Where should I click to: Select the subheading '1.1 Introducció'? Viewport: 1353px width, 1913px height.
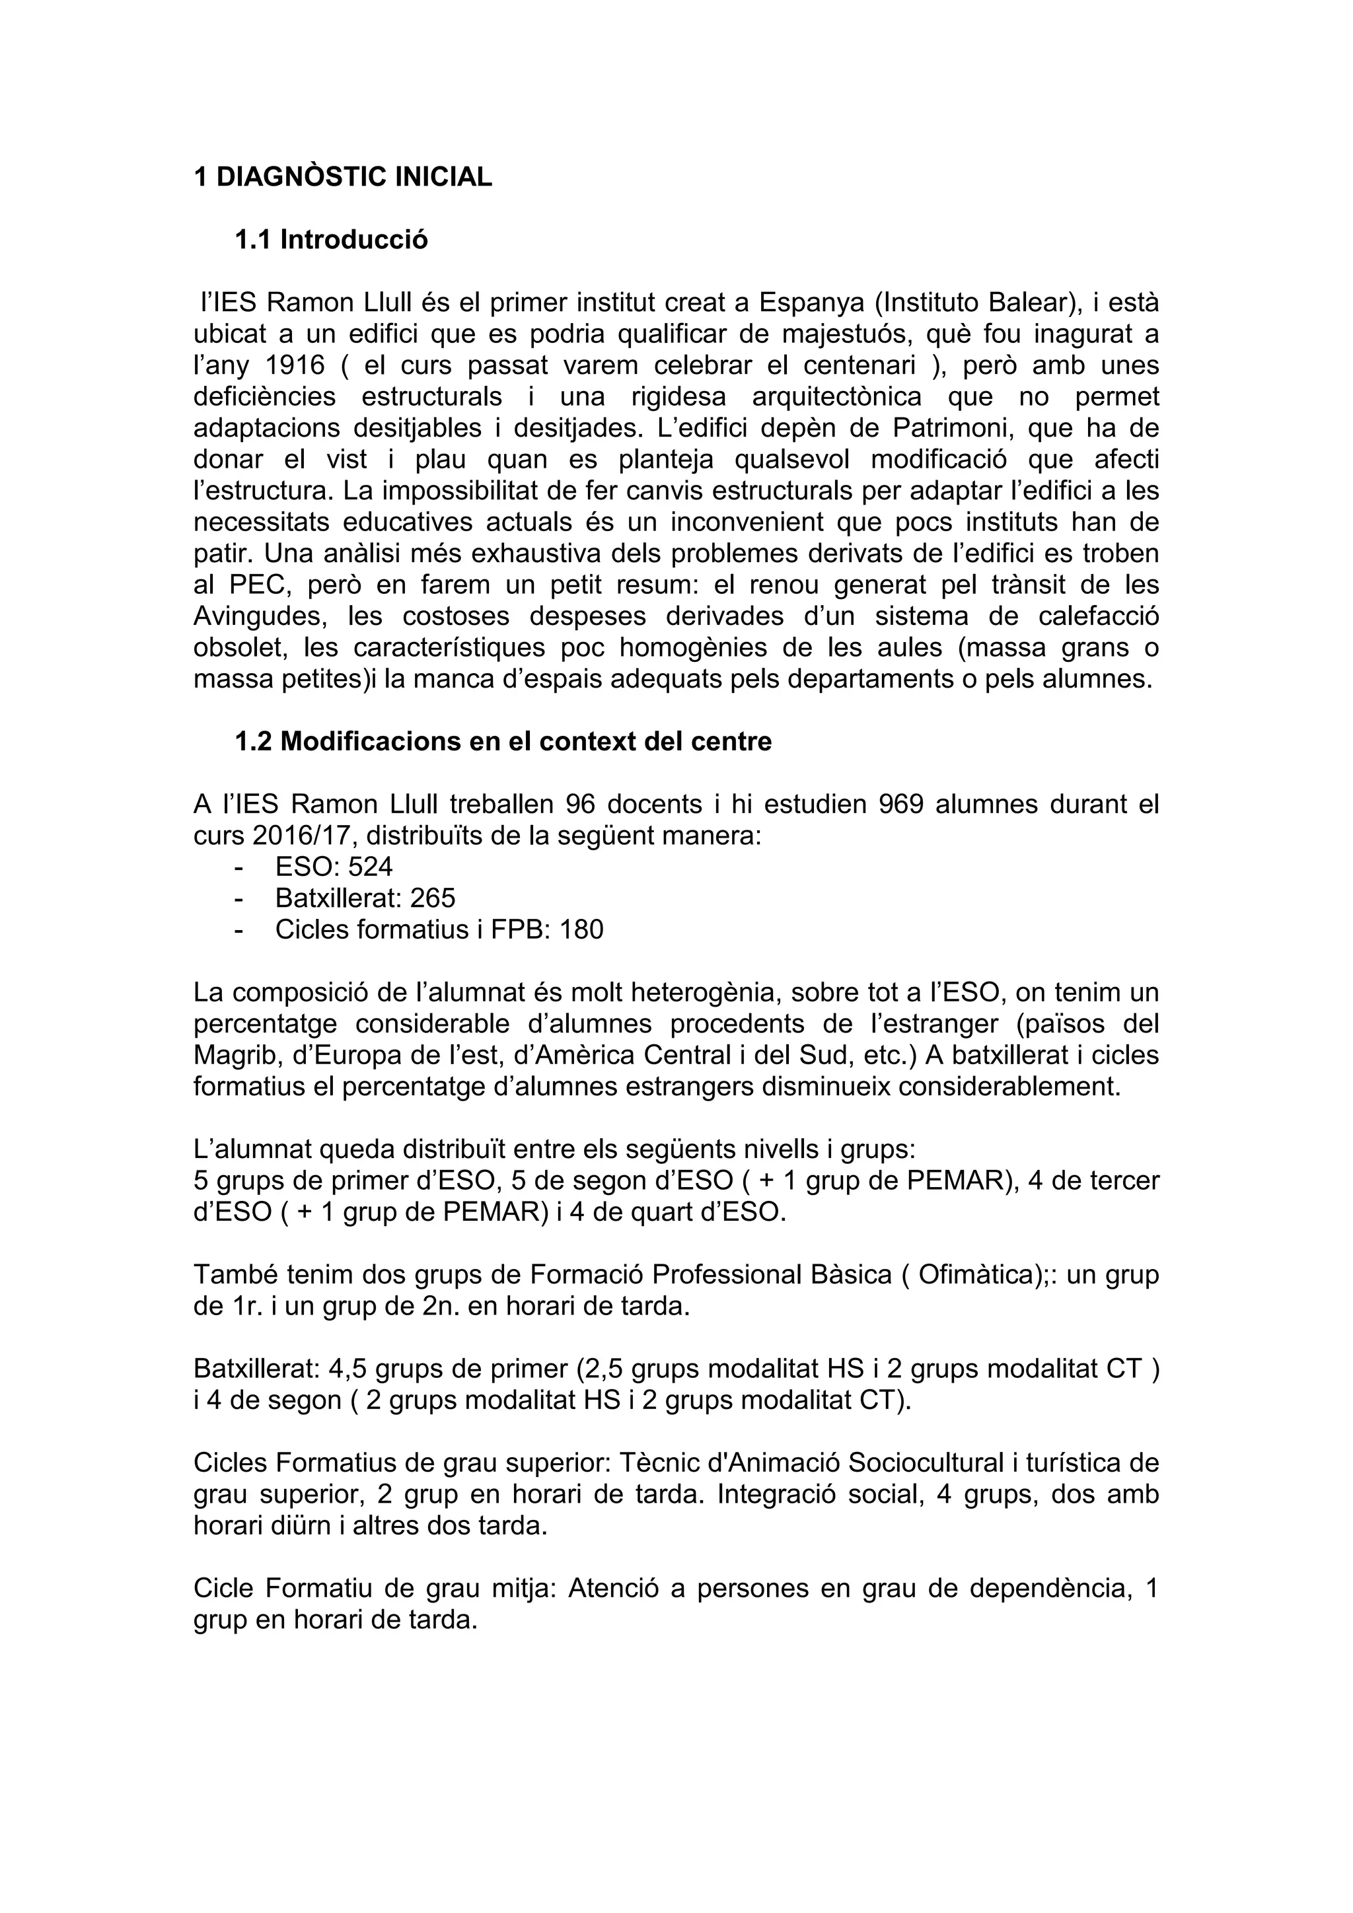[x=331, y=240]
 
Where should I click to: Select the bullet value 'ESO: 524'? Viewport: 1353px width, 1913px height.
[x=333, y=867]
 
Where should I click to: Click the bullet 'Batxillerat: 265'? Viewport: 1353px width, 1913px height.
[x=365, y=898]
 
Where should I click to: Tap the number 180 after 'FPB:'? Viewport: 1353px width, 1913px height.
[x=581, y=929]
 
